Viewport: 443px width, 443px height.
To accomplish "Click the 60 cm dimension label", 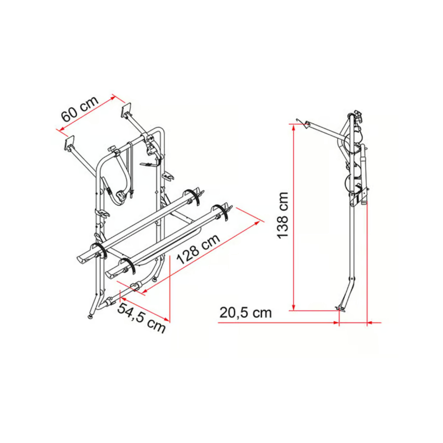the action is [80, 108].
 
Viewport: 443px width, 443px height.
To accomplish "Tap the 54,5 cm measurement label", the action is [141, 317].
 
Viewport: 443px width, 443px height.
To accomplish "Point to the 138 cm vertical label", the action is [283, 215].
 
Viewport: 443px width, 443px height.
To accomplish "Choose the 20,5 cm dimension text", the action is [246, 313].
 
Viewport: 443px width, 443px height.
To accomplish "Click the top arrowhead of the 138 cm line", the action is [294, 128].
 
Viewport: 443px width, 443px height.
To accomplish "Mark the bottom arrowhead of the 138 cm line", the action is [294, 307].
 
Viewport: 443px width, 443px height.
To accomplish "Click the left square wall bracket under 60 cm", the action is [69, 144].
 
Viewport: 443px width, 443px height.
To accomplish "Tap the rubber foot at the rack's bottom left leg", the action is [90, 316].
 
